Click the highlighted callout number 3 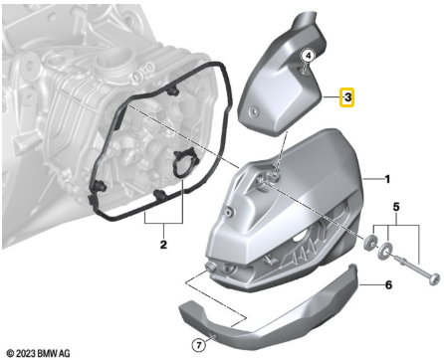click(x=346, y=97)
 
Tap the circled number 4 click(x=308, y=57)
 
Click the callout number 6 click(x=389, y=284)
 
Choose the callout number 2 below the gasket click(x=162, y=242)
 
